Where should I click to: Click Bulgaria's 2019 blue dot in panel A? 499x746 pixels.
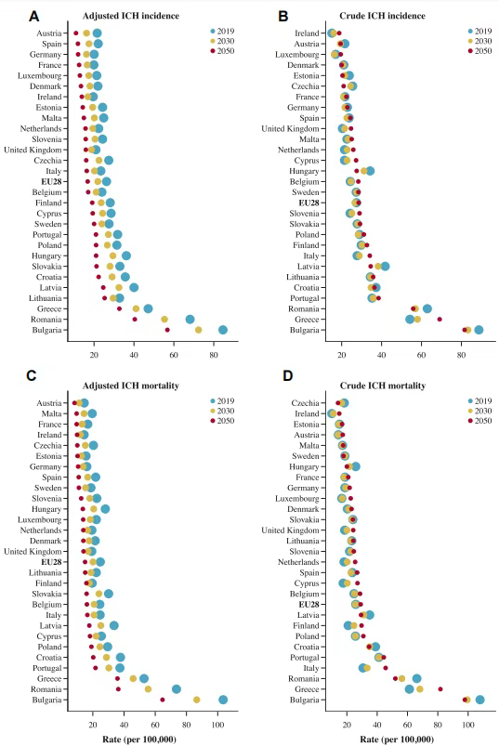click(x=223, y=330)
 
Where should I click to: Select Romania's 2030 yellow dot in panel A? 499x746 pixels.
click(x=164, y=320)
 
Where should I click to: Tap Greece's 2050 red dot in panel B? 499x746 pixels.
click(x=440, y=320)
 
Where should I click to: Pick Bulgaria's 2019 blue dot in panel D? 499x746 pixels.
click(x=479, y=700)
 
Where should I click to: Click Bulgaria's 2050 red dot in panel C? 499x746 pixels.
click(x=163, y=700)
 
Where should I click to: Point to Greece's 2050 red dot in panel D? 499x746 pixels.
click(x=440, y=689)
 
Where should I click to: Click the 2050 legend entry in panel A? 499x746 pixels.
click(x=222, y=51)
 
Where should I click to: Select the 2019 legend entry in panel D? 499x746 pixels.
click(x=479, y=401)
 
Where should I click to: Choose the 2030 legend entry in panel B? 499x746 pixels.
click(x=479, y=41)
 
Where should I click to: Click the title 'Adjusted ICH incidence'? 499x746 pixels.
click(x=131, y=16)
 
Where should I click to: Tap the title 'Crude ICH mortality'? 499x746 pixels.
click(x=383, y=386)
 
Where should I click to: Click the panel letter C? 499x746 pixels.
click(x=32, y=376)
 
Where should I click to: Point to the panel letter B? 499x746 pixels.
click(x=283, y=16)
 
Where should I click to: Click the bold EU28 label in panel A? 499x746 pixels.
click(x=51, y=182)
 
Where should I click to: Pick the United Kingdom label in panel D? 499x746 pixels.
click(x=290, y=530)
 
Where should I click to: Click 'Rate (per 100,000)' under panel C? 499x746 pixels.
click(x=139, y=739)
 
